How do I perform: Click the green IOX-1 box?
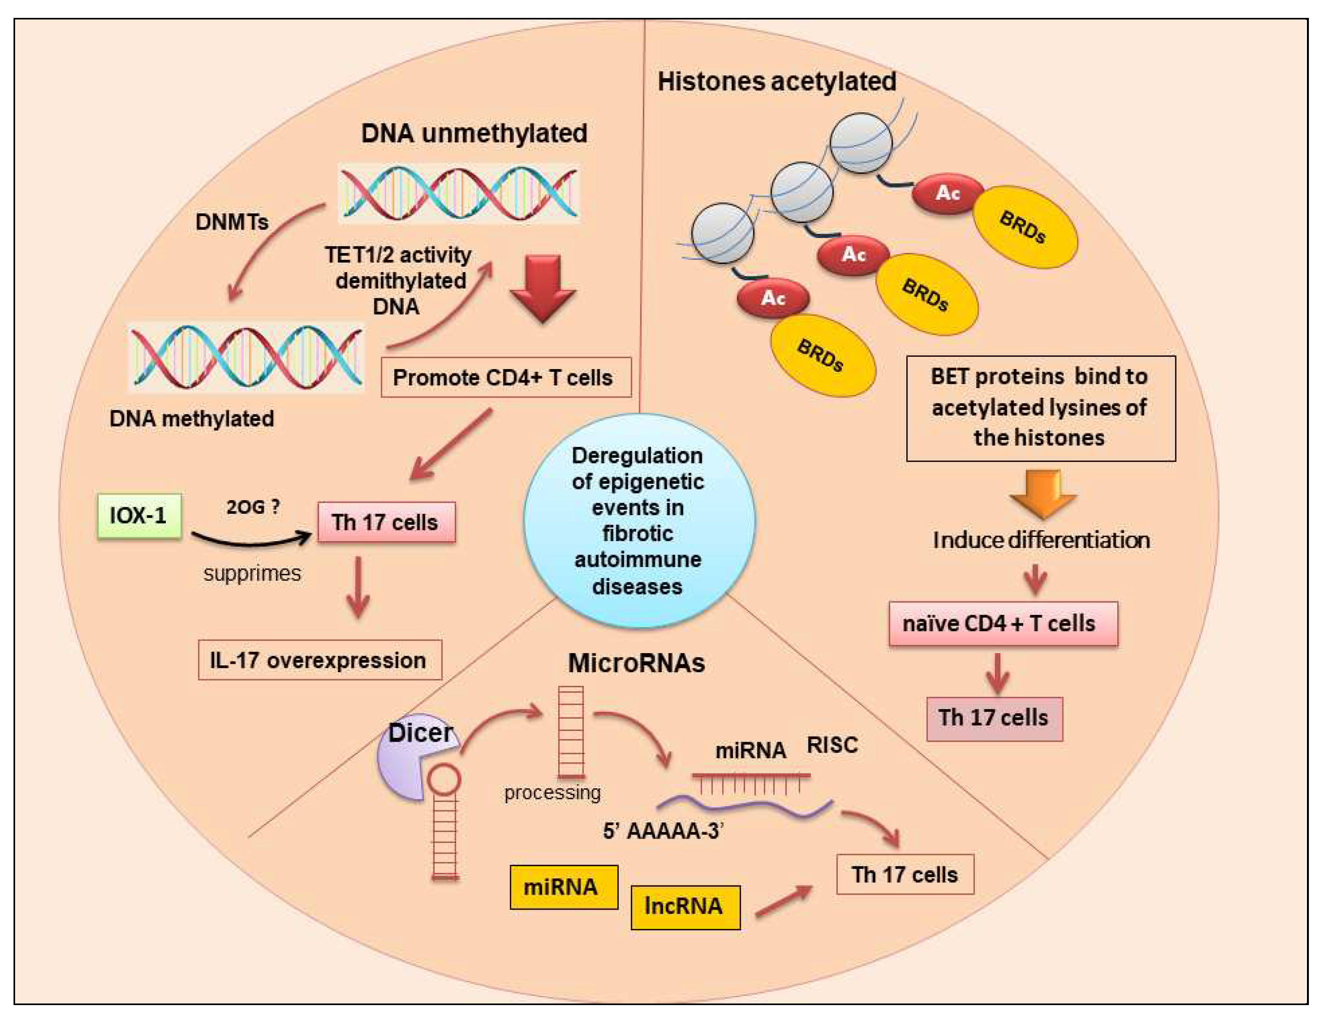(139, 516)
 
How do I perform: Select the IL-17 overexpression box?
(319, 660)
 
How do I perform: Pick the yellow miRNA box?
(563, 887)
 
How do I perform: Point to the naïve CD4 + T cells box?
(1002, 624)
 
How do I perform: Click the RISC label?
(832, 745)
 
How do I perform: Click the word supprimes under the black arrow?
(252, 573)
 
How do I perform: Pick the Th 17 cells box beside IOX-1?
(386, 522)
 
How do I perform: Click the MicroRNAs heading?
(636, 663)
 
